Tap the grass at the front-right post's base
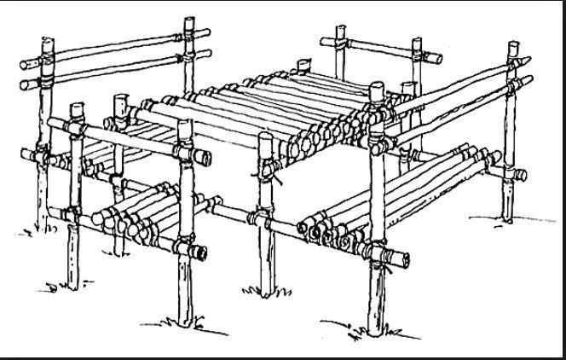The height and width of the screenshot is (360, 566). pyautogui.click(x=375, y=333)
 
